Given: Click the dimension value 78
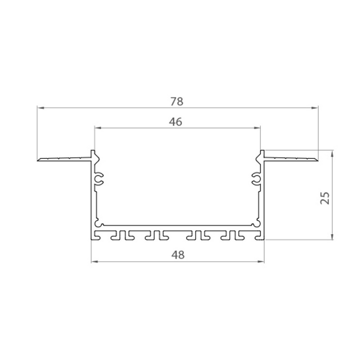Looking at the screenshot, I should (x=177, y=102).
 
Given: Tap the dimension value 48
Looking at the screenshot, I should (x=177, y=255).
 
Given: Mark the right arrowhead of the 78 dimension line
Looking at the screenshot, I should (x=315, y=108).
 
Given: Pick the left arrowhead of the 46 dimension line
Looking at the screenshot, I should (x=97, y=127).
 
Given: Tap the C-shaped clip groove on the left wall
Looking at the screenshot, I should (x=100, y=178).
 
